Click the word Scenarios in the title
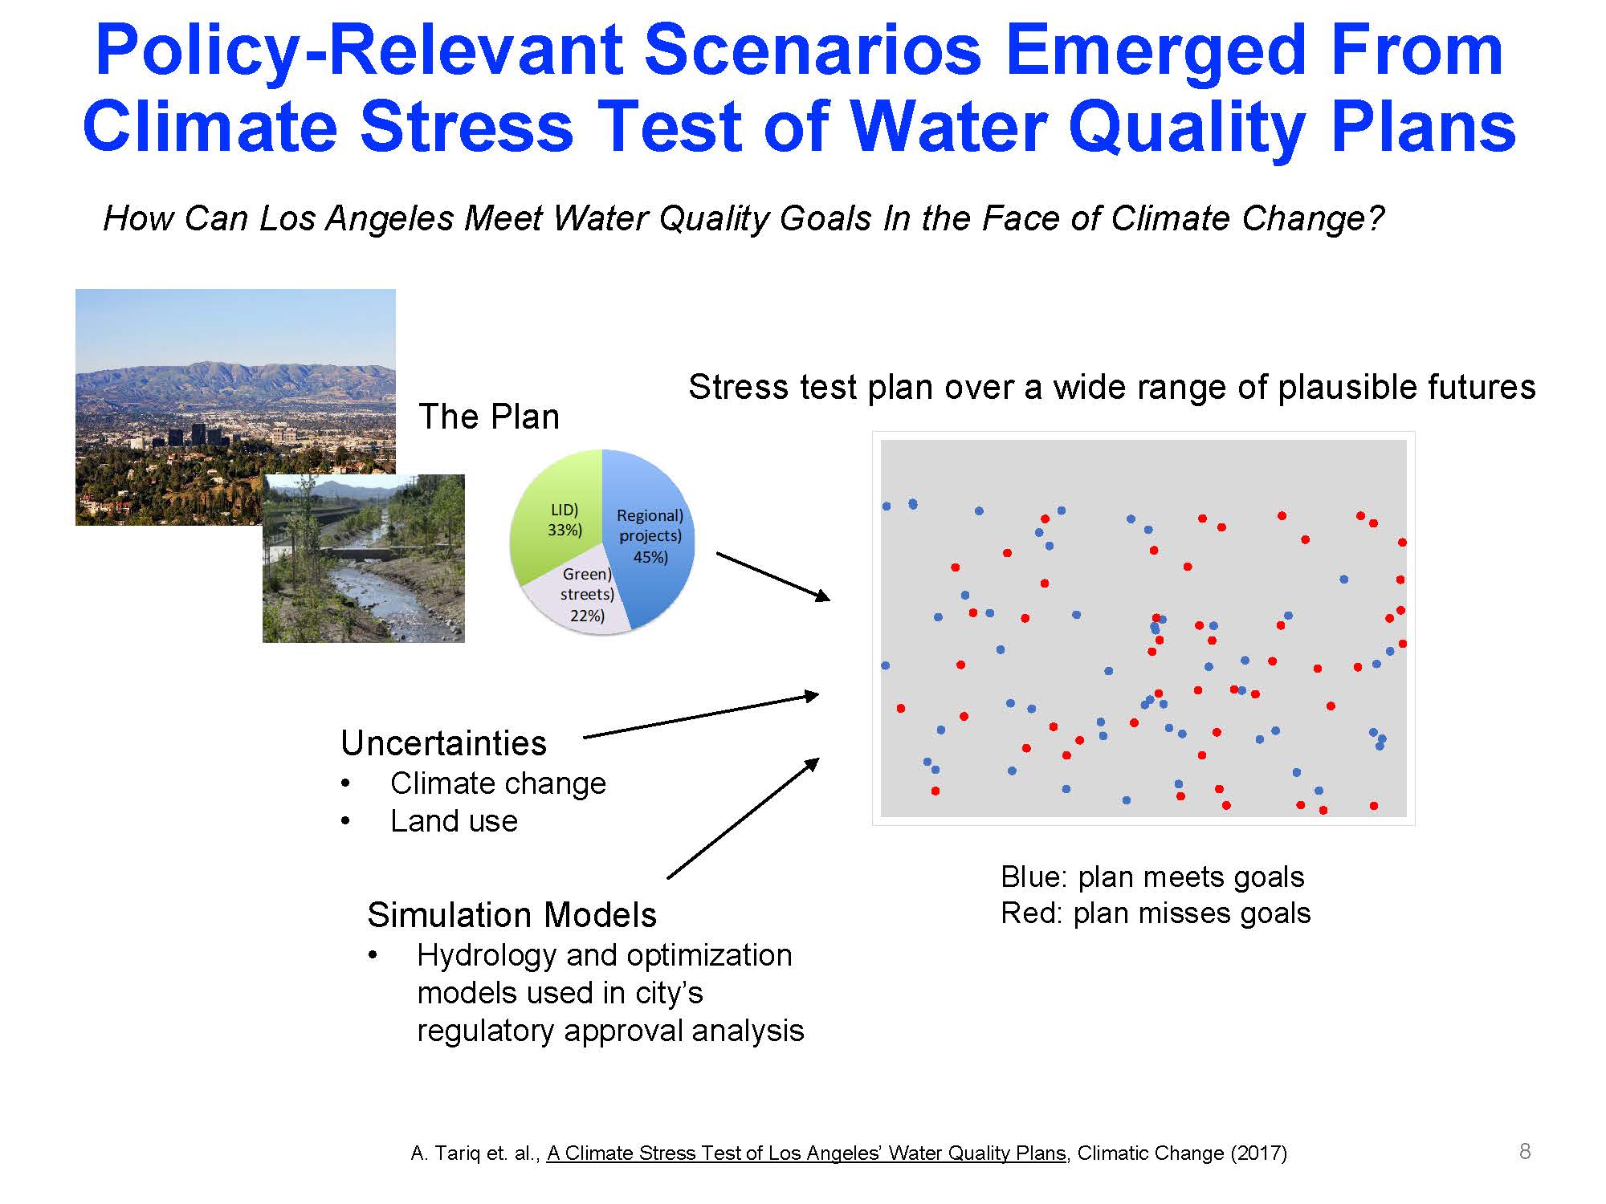[x=813, y=50]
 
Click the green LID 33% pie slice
[x=554, y=514]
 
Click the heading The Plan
[x=489, y=417]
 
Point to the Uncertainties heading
[x=443, y=742]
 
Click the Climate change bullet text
[x=498, y=783]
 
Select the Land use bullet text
[x=454, y=821]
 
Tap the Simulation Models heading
[x=512, y=915]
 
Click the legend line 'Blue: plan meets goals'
[x=1152, y=877]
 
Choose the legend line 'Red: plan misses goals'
[x=1156, y=913]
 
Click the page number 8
[x=1525, y=1151]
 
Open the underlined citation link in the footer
[x=806, y=1153]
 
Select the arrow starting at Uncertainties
[x=701, y=715]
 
